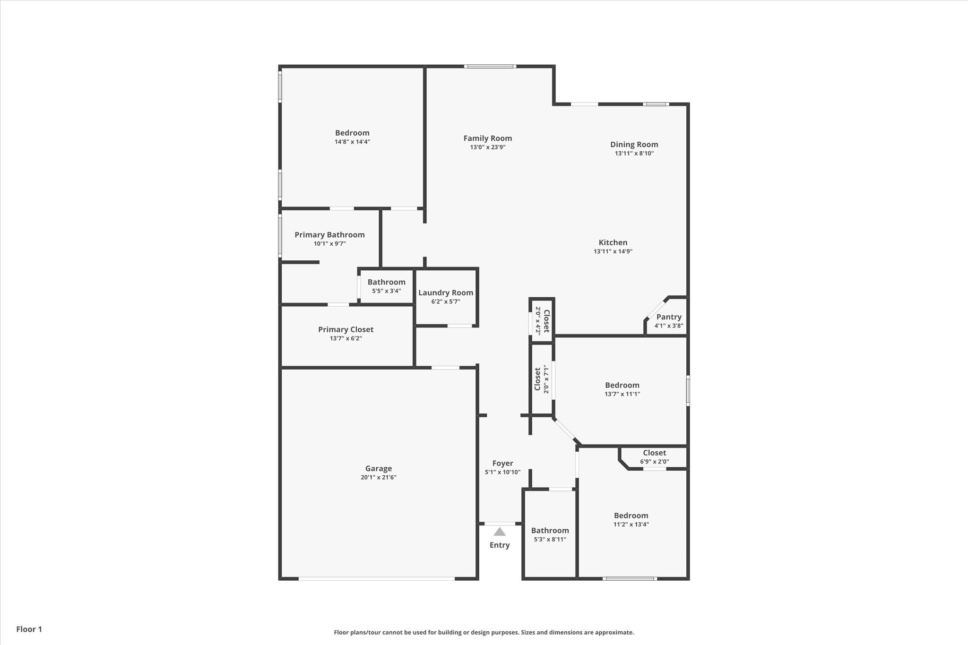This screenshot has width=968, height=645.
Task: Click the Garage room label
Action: (x=378, y=468)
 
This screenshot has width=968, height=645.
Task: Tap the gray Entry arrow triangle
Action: (x=500, y=532)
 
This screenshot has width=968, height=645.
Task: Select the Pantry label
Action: (x=669, y=317)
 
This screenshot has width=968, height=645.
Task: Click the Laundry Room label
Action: (x=446, y=293)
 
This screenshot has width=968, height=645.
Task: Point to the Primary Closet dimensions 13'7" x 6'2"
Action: (x=346, y=338)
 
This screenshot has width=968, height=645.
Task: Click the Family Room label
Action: (x=487, y=138)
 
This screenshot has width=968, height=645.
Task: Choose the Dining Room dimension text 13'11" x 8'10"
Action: (x=634, y=154)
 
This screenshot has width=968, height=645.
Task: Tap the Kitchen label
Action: (x=613, y=242)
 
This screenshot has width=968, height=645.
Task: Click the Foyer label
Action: (x=502, y=464)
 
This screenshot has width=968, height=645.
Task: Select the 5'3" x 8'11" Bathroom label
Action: (x=550, y=531)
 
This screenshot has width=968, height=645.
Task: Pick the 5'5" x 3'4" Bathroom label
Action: (x=386, y=282)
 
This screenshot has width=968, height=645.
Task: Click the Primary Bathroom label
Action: (x=329, y=235)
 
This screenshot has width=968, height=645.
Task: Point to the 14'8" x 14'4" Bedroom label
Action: (x=352, y=133)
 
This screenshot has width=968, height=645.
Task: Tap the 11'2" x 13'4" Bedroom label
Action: (x=631, y=516)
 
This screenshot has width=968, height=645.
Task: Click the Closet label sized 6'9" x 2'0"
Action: (x=654, y=453)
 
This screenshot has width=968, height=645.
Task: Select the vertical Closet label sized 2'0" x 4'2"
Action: (x=546, y=321)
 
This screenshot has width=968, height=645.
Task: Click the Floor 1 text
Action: (x=29, y=629)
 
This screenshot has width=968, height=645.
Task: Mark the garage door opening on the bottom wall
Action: (x=377, y=578)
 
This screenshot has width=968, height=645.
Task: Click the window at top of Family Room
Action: (x=490, y=67)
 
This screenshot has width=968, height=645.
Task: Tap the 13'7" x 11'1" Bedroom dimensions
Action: (x=622, y=394)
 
